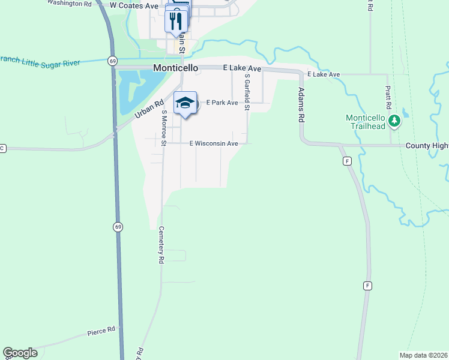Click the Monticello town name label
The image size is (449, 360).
pos(176,68)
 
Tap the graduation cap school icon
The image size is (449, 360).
pos(185,103)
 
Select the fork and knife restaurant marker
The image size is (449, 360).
pos(176,22)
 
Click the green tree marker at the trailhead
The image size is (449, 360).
pos(394,122)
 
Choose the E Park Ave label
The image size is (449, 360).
pos(222,103)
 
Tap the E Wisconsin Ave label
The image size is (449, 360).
pos(214,143)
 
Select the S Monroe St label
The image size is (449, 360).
pos(163,128)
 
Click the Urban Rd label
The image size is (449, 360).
pos(149,108)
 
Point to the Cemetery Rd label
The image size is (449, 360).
pos(161,245)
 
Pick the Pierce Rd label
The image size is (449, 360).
pos(101,331)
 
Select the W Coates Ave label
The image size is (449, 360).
pos(134,5)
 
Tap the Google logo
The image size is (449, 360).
pos(20,353)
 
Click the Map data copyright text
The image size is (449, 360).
pos(423,355)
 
